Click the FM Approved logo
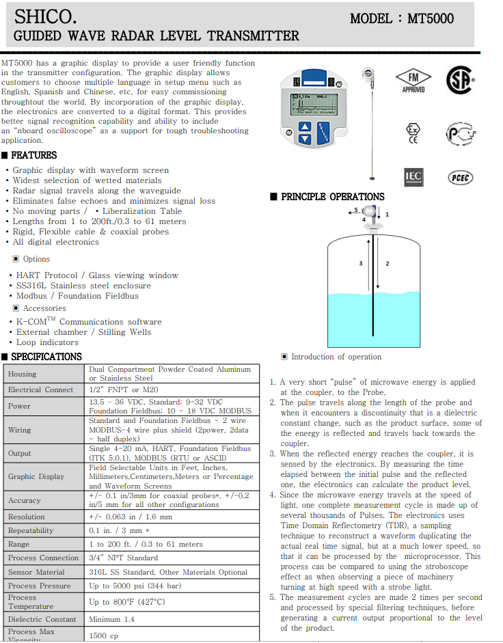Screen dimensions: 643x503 click(x=413, y=81)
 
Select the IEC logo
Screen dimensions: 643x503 click(x=413, y=177)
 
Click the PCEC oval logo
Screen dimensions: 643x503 click(x=461, y=178)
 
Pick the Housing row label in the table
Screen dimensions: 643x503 click(x=23, y=374)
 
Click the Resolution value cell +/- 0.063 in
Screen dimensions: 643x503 click(x=131, y=517)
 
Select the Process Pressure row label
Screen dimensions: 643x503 click(x=40, y=586)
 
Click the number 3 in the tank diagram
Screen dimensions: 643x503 click(x=361, y=263)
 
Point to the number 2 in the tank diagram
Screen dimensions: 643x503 click(x=388, y=263)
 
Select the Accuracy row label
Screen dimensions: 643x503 click(x=25, y=500)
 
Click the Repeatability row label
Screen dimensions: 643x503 click(x=31, y=531)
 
